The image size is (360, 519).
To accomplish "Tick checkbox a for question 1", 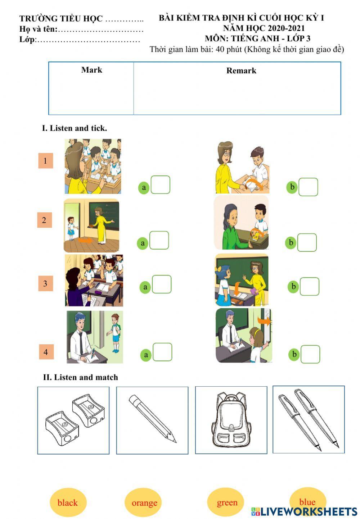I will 160,185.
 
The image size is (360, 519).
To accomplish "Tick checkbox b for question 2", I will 307,242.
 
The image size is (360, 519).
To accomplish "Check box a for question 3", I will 162,284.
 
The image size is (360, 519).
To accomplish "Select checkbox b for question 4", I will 310,354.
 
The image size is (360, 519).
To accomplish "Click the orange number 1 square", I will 46,161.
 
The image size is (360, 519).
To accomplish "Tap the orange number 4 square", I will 46,352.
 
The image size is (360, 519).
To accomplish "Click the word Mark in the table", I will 91,70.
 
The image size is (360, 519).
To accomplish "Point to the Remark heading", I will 241,70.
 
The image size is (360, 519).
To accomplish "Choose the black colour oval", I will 67,502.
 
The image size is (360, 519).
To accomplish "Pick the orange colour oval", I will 144,502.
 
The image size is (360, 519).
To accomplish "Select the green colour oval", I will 226,502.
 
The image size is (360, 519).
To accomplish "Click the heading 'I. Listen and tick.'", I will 75,128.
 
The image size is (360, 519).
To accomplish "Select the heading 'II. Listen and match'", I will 80,377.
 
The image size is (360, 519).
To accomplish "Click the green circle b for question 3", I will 293,287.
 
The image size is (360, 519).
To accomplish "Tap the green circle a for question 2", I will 143,243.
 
